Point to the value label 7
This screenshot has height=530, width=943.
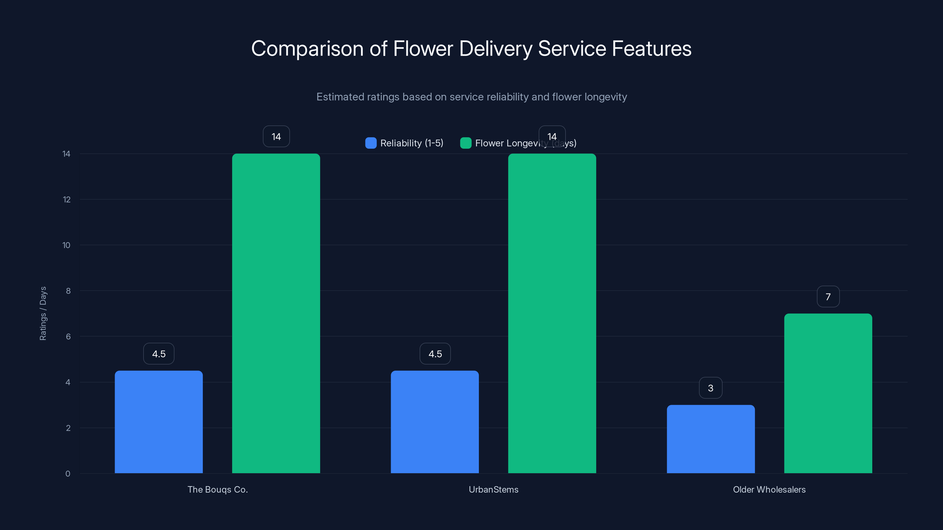click(828, 297)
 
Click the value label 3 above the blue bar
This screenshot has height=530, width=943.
click(710, 388)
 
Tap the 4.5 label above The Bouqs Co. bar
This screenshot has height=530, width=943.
click(159, 354)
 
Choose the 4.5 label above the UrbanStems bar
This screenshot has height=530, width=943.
click(435, 354)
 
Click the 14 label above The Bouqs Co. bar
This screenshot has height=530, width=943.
click(276, 136)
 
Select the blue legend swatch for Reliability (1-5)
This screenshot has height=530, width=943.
click(371, 143)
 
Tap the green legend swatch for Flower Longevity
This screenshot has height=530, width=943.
click(466, 143)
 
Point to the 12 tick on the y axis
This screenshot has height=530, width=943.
click(67, 199)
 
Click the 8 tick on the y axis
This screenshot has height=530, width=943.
click(68, 291)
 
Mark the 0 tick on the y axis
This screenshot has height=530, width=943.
click(68, 474)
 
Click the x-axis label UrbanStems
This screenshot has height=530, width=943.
click(494, 489)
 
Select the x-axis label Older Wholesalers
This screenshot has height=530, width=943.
click(769, 489)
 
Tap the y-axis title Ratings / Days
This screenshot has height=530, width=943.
click(43, 314)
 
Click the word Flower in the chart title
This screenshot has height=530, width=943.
click(423, 49)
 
